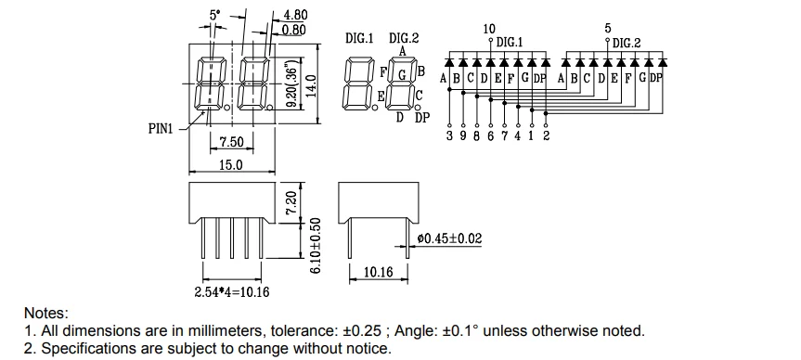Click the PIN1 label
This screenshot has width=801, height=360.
(x=161, y=129)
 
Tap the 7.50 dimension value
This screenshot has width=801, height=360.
(x=232, y=141)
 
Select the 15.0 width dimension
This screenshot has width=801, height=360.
(x=231, y=164)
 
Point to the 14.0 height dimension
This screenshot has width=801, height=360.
(x=312, y=84)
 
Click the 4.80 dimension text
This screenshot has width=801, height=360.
(x=295, y=16)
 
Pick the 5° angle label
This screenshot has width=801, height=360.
(x=215, y=16)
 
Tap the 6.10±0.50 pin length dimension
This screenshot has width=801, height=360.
(x=317, y=246)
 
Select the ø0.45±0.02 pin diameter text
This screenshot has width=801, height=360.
(x=449, y=238)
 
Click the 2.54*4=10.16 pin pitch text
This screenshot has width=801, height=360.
(x=232, y=291)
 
